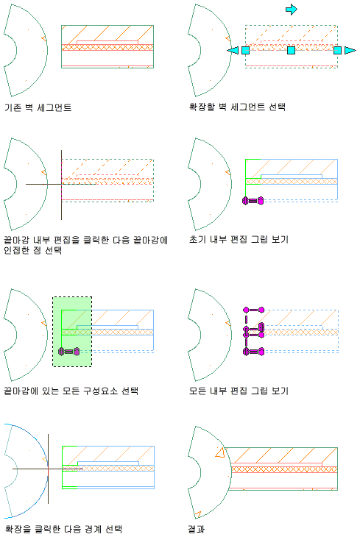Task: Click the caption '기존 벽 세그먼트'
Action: (x=38, y=107)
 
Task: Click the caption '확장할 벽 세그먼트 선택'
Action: (x=237, y=107)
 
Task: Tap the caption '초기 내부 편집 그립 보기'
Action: (x=239, y=239)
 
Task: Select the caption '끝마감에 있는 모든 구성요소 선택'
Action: (x=71, y=391)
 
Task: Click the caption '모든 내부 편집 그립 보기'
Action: (x=239, y=391)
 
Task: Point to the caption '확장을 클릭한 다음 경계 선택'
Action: (x=63, y=529)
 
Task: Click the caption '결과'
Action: (x=197, y=529)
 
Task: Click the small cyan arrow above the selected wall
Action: (x=292, y=10)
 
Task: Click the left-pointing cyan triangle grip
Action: (x=233, y=50)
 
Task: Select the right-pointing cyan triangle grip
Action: (x=350, y=50)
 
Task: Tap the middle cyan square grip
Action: (x=291, y=50)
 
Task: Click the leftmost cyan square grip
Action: (x=245, y=50)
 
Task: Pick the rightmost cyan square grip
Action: (x=337, y=50)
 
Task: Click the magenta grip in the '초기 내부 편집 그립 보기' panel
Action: (x=253, y=201)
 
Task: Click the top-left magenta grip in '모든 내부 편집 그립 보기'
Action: (x=246, y=310)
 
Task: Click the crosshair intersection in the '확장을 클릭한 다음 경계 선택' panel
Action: (x=48, y=469)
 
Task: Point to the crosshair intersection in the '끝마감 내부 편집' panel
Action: (x=61, y=184)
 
